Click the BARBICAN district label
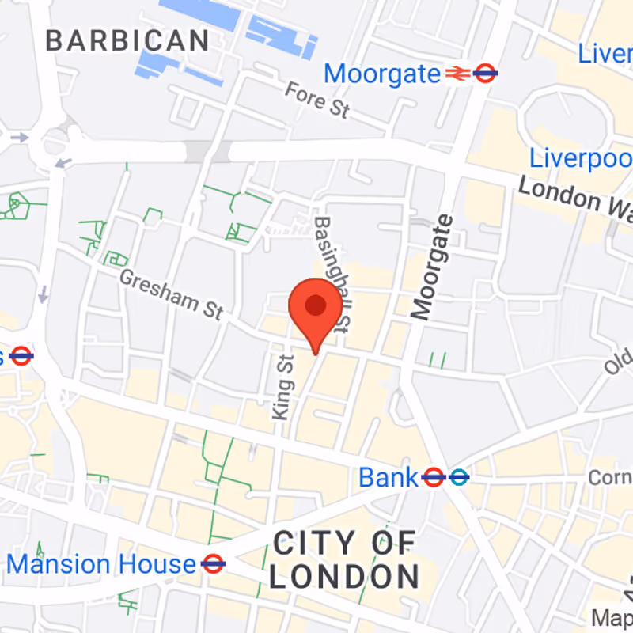point(127,40)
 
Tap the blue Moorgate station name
point(382,74)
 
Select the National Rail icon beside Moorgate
point(457,74)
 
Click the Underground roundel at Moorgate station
point(485,74)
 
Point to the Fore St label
point(316,100)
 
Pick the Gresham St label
point(171,294)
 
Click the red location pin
point(316,307)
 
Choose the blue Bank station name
point(388,478)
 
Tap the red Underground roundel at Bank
point(433,477)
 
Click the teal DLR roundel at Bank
point(458,477)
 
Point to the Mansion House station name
point(101,564)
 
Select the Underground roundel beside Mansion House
point(213,564)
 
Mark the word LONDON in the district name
point(344,576)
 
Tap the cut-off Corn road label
point(609,478)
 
